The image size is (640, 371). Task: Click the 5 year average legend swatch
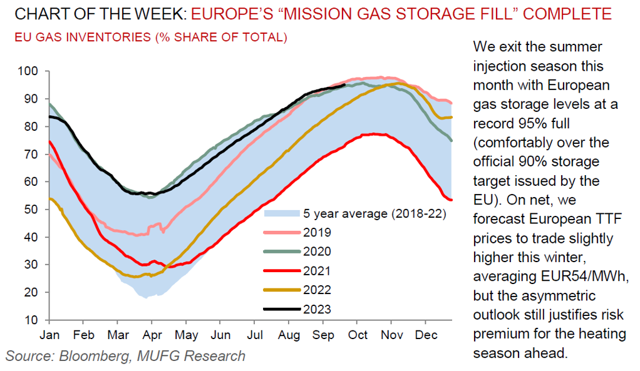(x=282, y=213)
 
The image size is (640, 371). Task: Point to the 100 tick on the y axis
(x=31, y=71)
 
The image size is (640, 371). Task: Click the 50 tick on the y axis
(x=35, y=210)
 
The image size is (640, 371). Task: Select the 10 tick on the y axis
(x=35, y=320)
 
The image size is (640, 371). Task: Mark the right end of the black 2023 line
(x=345, y=85)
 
